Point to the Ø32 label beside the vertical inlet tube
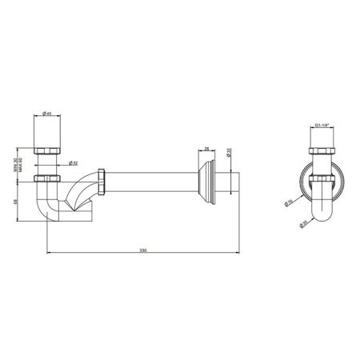coord(73,162)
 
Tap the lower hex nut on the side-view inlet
coord(49,177)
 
